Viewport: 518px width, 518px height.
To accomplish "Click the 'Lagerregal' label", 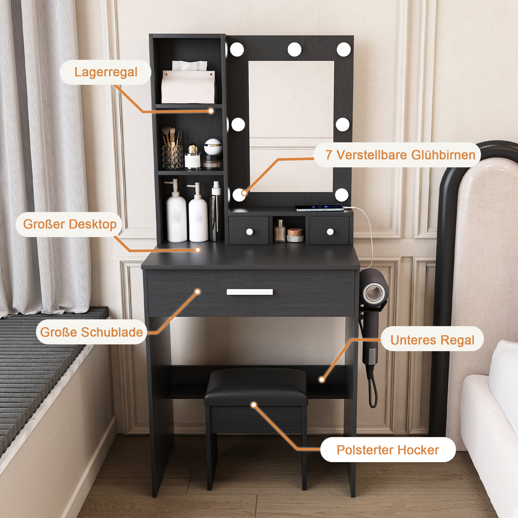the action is (106, 72).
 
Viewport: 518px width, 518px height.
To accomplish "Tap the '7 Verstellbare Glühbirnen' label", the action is (400, 155).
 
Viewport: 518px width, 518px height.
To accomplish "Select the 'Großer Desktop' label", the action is (70, 224).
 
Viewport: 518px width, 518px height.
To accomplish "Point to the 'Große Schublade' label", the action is (91, 332).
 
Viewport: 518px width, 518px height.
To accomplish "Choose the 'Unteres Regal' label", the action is (433, 340).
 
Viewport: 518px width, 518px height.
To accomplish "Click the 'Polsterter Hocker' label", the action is (388, 450).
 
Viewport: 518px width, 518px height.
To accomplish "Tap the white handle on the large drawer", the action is (250, 292).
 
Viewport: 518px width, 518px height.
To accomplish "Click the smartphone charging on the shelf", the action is (319, 208).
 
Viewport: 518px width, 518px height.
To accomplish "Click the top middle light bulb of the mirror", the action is (295, 50).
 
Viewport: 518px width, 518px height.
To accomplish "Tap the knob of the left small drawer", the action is (249, 232).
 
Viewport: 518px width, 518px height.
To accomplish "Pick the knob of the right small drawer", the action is (330, 231).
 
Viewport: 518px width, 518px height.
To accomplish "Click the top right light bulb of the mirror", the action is (344, 50).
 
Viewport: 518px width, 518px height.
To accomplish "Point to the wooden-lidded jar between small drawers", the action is (295, 235).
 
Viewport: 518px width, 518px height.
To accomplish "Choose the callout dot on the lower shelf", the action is (322, 380).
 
